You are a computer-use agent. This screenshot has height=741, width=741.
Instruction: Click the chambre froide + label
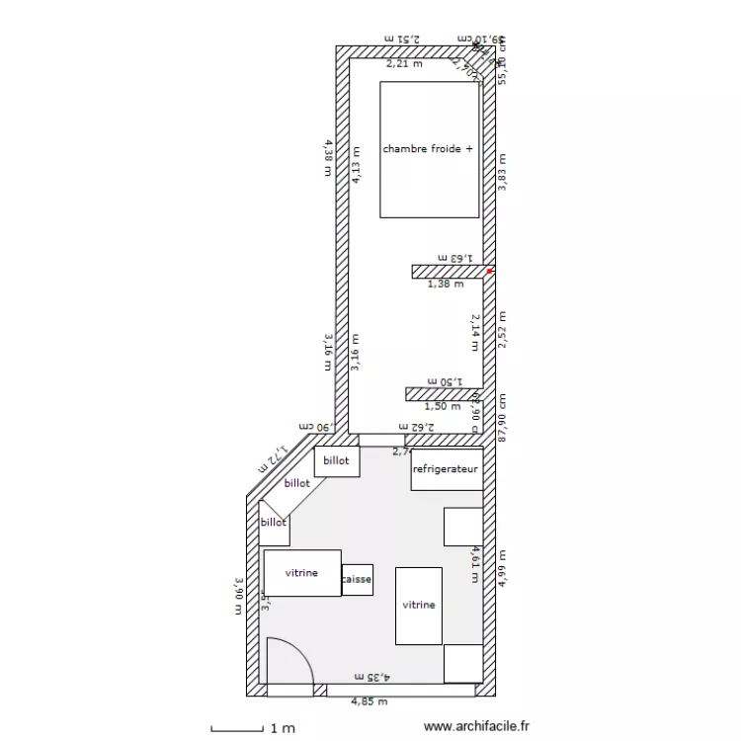(x=428, y=149)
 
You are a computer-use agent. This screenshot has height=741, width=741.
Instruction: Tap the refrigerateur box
(x=447, y=469)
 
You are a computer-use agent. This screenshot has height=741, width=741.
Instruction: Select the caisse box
(x=357, y=580)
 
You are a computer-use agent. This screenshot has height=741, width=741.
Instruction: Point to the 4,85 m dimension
(x=370, y=701)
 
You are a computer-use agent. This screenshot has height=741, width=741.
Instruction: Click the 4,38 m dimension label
(x=327, y=157)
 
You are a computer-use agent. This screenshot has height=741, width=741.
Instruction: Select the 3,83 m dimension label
(x=502, y=173)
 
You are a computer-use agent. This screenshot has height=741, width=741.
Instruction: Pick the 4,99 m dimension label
(x=502, y=569)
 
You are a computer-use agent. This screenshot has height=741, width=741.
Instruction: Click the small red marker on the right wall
(x=489, y=270)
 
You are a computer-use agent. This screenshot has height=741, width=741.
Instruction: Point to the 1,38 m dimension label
(x=445, y=284)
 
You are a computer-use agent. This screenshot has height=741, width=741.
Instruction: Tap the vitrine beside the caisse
(x=302, y=573)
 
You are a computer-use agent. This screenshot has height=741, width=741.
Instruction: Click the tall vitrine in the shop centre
(x=419, y=606)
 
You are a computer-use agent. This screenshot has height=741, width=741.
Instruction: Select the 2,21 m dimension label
(x=403, y=63)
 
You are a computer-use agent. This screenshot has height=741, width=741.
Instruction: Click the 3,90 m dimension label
(x=238, y=596)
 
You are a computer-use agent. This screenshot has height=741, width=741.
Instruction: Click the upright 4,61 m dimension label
(x=475, y=564)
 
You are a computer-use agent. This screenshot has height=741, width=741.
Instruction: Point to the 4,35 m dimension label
(x=373, y=677)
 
